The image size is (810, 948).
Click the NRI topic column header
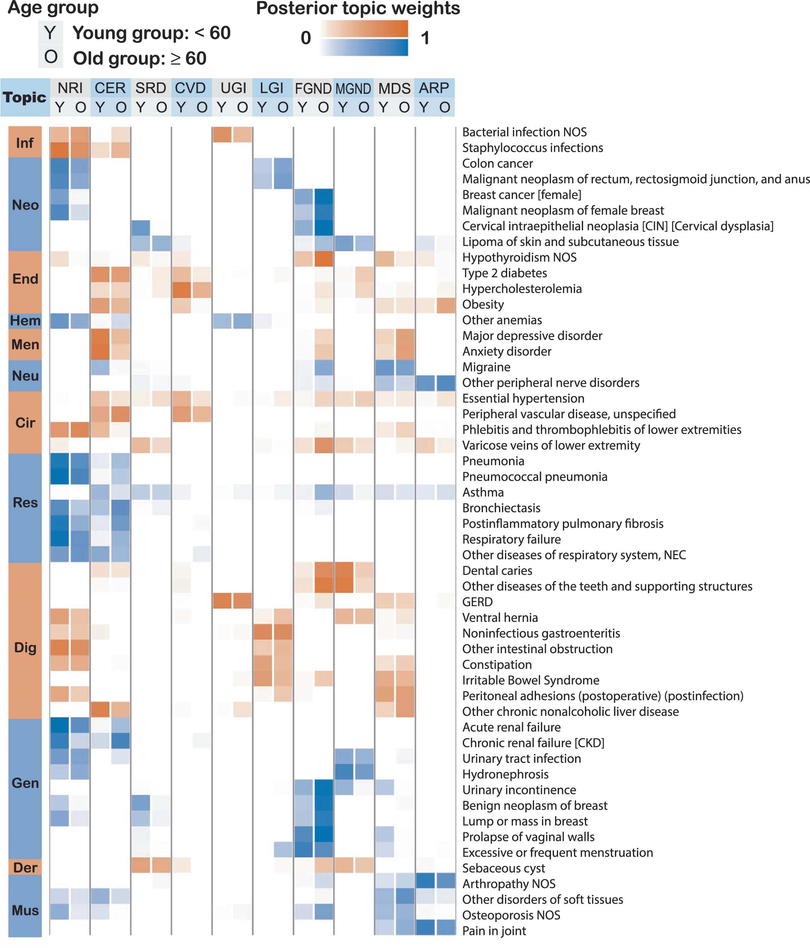(70, 88)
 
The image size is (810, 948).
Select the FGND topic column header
(313, 88)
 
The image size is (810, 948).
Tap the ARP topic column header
(434, 88)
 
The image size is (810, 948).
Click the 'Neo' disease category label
(25, 204)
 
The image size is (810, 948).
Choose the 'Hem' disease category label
(25, 320)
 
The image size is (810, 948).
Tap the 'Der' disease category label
(25, 868)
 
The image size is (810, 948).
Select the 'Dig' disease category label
(25, 647)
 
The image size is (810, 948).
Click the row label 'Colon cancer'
(497, 163)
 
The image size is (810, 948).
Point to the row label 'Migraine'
(486, 367)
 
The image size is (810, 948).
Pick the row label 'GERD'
(477, 601)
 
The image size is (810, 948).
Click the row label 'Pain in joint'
(494, 930)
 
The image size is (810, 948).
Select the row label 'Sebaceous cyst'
(503, 868)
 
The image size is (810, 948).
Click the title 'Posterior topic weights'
(358, 8)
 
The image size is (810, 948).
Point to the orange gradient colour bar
(364, 29)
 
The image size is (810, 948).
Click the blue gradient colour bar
(364, 47)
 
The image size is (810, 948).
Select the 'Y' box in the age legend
(50, 33)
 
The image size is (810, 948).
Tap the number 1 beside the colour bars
(425, 38)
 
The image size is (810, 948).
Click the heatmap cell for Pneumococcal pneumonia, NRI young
(59, 476)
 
